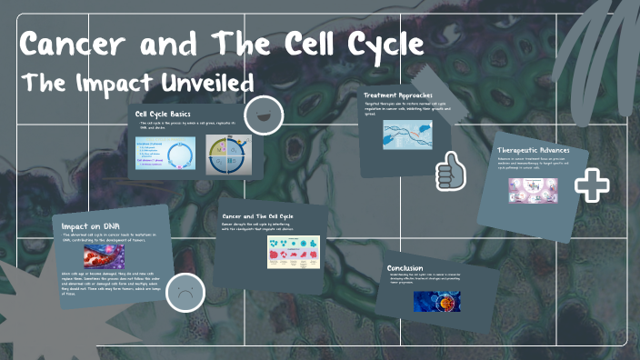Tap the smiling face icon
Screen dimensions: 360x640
[x=264, y=115]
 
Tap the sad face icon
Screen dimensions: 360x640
[x=185, y=294]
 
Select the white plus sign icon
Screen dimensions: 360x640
[x=592, y=185]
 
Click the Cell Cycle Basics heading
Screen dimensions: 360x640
[x=163, y=113]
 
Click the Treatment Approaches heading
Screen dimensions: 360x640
[x=398, y=95]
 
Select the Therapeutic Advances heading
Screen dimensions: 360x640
[x=539, y=149]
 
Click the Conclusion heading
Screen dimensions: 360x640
[x=405, y=267]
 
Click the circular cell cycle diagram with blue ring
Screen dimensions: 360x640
[x=166, y=153]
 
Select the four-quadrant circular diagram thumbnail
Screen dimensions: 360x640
[x=229, y=154]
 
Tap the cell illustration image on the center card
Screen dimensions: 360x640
[x=294, y=252]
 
